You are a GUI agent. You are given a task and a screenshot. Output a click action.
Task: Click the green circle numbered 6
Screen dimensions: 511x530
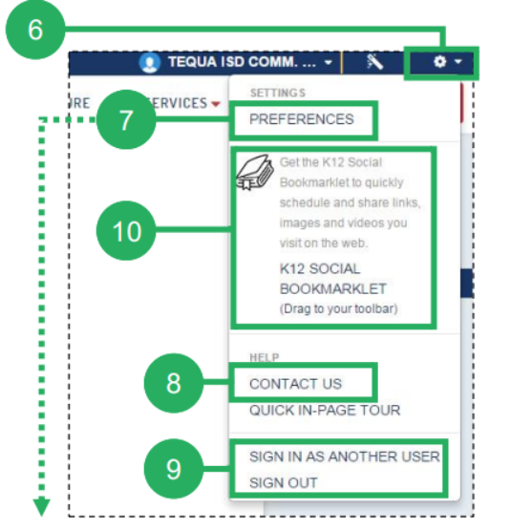tap(35, 30)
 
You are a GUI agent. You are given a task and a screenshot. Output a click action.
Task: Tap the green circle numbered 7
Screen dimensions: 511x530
tap(126, 119)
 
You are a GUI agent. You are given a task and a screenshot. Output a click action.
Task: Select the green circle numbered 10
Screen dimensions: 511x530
tap(126, 230)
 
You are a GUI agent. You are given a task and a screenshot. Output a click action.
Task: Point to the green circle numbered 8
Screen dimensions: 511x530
tap(174, 383)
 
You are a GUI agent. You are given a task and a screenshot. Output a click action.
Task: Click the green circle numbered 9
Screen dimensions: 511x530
tap(174, 469)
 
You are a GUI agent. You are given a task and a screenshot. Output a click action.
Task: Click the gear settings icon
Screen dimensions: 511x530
tap(439, 62)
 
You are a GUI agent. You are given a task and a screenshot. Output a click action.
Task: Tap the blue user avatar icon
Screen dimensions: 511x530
tap(149, 62)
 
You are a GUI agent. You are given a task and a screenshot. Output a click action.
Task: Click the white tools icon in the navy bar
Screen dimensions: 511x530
tap(374, 62)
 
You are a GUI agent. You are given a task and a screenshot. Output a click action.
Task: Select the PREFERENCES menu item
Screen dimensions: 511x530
tap(301, 119)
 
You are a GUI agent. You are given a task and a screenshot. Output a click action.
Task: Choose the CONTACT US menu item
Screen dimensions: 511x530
tap(295, 384)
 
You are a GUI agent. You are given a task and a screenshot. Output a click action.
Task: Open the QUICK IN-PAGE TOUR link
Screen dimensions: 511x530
tap(325, 410)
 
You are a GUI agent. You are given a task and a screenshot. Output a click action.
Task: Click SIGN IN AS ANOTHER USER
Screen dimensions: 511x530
tap(344, 456)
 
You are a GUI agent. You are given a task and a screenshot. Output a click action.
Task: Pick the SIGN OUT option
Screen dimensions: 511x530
tap(283, 482)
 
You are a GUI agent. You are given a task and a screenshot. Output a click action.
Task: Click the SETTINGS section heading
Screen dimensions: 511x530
tap(278, 93)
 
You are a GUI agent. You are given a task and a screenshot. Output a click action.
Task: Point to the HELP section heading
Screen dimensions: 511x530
tap(265, 357)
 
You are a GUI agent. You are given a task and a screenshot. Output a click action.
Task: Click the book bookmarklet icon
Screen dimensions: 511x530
tap(255, 173)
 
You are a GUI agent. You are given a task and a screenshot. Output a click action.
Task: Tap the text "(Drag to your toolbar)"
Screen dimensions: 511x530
tap(338, 308)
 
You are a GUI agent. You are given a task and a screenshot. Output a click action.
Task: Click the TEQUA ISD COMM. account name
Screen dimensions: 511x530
tap(243, 62)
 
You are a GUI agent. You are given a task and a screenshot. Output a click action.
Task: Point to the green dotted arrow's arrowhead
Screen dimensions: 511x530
tap(42, 507)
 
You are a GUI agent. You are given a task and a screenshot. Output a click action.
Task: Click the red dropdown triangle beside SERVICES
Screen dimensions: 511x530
tap(216, 104)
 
